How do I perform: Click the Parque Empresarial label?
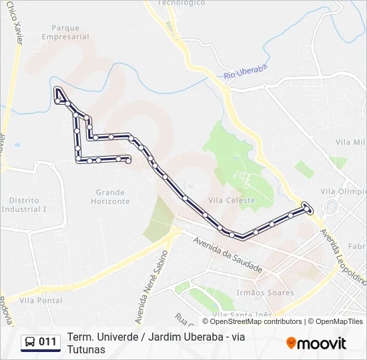click(x=65, y=33)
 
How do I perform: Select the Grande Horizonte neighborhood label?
click(x=110, y=197)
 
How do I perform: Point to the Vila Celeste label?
click(x=232, y=200)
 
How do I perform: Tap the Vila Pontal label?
click(x=41, y=301)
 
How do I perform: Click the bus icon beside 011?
click(x=31, y=343)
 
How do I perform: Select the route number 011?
click(x=48, y=343)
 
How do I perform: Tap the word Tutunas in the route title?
click(x=86, y=349)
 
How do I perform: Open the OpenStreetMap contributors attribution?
click(x=256, y=321)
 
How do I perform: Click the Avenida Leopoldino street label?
click(x=344, y=257)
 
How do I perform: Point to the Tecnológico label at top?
click(x=181, y=3)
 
